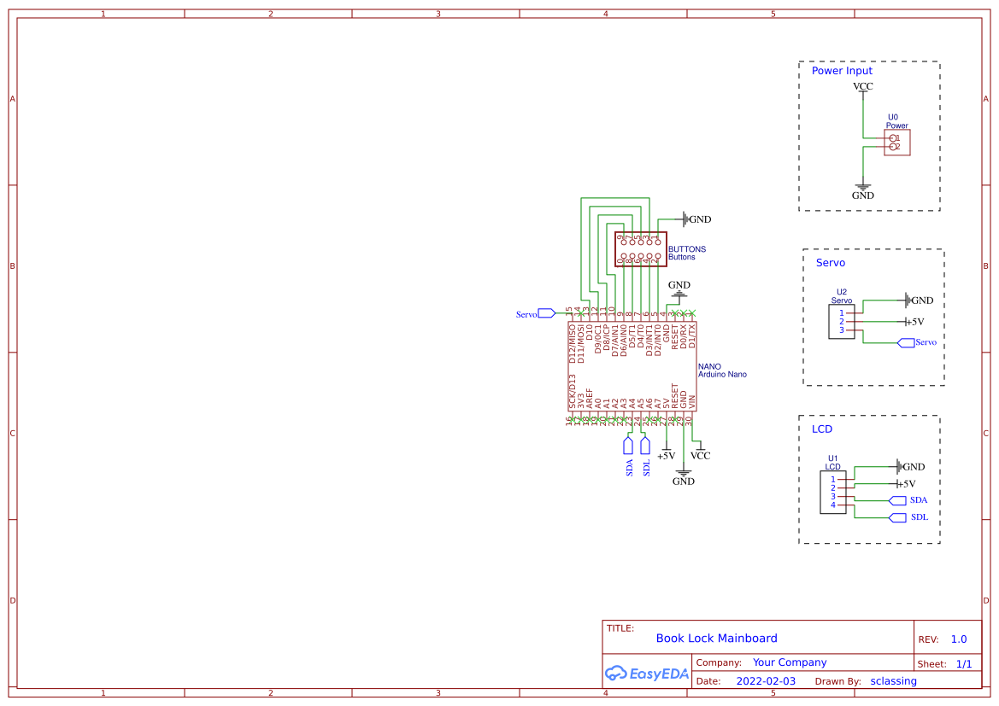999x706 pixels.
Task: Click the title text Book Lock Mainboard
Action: pos(716,639)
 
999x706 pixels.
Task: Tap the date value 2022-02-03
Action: pos(766,681)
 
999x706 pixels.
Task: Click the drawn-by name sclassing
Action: pos(893,681)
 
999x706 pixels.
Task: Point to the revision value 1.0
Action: pos(959,639)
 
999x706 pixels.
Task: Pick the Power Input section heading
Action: pos(842,71)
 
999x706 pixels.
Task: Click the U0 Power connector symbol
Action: pos(896,143)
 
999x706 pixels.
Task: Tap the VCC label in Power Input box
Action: pos(863,86)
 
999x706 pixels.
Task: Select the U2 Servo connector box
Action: pos(842,322)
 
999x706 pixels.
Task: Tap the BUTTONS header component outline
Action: pos(640,248)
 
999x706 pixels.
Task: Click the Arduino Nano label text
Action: pos(722,375)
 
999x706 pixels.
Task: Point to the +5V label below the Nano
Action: pos(666,456)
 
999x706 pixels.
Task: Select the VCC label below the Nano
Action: pos(700,456)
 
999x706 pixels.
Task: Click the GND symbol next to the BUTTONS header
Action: pos(696,219)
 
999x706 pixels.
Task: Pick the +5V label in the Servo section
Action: pos(914,322)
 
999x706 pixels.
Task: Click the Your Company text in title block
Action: pos(790,662)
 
